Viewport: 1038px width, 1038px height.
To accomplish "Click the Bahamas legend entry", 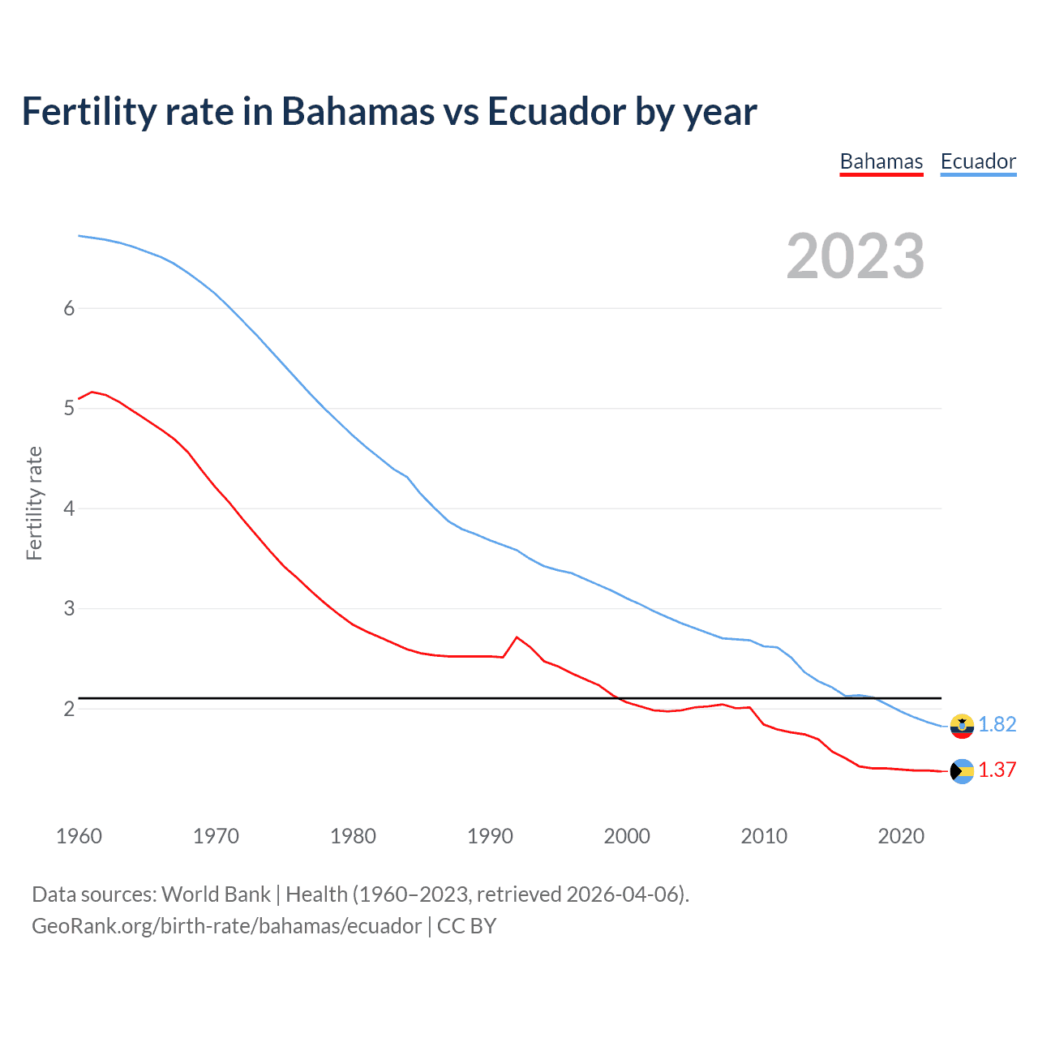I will click(x=881, y=162).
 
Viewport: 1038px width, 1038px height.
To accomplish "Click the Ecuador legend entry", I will click(x=977, y=162).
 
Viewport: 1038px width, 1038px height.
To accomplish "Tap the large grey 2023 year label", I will click(x=855, y=256).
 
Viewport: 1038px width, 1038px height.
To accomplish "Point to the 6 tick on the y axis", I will click(x=69, y=308).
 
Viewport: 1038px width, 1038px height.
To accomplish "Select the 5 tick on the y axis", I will click(x=69, y=408).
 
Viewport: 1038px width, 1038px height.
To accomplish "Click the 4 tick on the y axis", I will click(x=69, y=508).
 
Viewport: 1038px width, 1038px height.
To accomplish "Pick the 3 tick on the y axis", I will click(x=69, y=608).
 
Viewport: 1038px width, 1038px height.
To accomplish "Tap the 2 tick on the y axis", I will click(x=69, y=709).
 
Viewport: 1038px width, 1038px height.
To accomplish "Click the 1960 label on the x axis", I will click(x=79, y=836).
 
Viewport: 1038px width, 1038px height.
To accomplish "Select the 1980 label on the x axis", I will click(x=353, y=836).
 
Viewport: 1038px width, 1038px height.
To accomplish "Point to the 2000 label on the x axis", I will click(x=627, y=836).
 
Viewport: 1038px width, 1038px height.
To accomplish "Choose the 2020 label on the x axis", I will click(x=901, y=836).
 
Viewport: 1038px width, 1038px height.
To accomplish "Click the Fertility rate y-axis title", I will click(x=34, y=503).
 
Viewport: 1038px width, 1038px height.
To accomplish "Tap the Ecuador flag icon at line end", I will click(x=962, y=726).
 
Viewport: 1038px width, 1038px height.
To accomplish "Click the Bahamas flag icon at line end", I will click(x=962, y=771).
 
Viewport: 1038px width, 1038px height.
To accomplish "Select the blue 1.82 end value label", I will click(x=997, y=725).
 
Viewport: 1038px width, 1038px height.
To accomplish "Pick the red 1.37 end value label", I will click(x=997, y=770).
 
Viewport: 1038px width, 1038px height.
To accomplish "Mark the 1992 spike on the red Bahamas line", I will click(x=517, y=637).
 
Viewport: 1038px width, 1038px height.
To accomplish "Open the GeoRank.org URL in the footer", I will click(x=226, y=926).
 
